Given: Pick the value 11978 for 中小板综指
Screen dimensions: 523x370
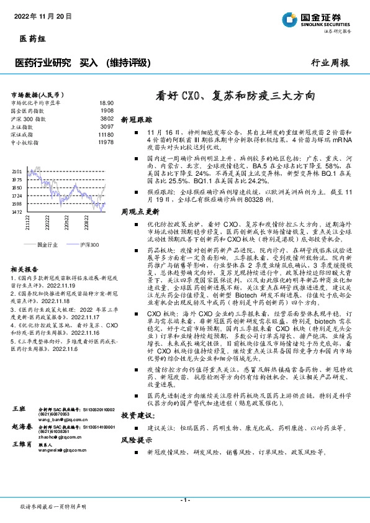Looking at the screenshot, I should coord(106,142).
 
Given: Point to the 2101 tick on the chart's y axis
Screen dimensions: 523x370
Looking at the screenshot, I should coord(16,171).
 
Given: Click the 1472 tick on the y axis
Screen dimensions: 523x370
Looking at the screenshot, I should coord(16,212).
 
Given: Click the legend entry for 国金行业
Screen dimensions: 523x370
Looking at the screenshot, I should coord(44,245).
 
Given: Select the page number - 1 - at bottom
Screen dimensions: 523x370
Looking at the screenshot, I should coord(184,500).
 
